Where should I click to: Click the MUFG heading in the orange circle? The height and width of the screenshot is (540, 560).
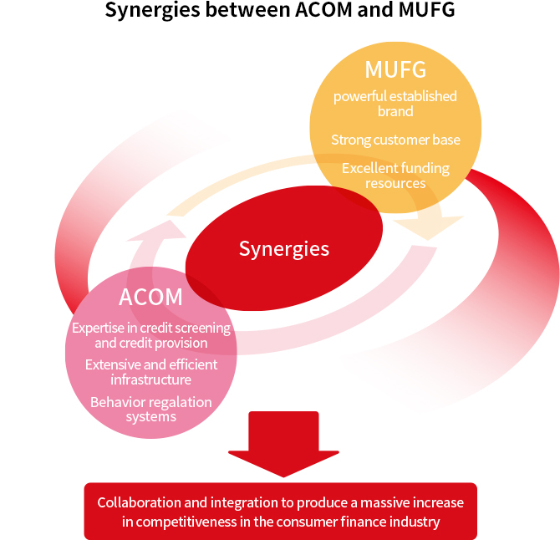(395, 69)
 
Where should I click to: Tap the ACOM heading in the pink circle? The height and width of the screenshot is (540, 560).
(150, 297)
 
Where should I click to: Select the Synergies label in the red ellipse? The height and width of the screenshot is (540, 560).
(284, 248)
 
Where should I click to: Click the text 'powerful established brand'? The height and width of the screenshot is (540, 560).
(395, 104)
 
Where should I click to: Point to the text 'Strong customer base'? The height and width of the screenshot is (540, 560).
(395, 140)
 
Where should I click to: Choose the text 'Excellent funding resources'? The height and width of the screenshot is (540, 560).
(395, 176)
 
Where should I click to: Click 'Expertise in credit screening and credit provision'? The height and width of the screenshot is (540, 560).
(151, 335)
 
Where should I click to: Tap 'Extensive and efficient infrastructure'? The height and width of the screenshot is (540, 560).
(151, 372)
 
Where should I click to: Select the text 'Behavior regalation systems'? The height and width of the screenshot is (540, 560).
(151, 409)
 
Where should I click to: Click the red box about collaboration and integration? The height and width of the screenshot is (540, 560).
(280, 511)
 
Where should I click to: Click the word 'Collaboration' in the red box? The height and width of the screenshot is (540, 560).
(138, 502)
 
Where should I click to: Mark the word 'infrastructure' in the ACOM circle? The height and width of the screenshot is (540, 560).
(151, 380)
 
